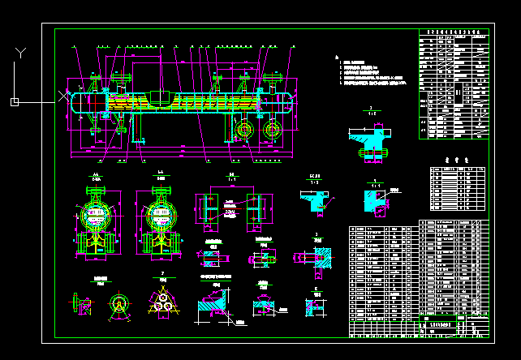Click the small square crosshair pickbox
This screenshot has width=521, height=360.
click(14, 101)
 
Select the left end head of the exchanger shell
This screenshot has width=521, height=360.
click(75, 103)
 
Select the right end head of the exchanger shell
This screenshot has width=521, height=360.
click(289, 104)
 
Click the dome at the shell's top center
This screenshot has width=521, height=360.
click(161, 98)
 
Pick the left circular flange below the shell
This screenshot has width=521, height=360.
click(243, 129)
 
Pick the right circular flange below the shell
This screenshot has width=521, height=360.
click(271, 129)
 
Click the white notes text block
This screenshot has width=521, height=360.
click(372, 72)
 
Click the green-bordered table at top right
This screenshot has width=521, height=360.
click(454, 84)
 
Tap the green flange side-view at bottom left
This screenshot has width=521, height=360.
click(84, 304)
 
